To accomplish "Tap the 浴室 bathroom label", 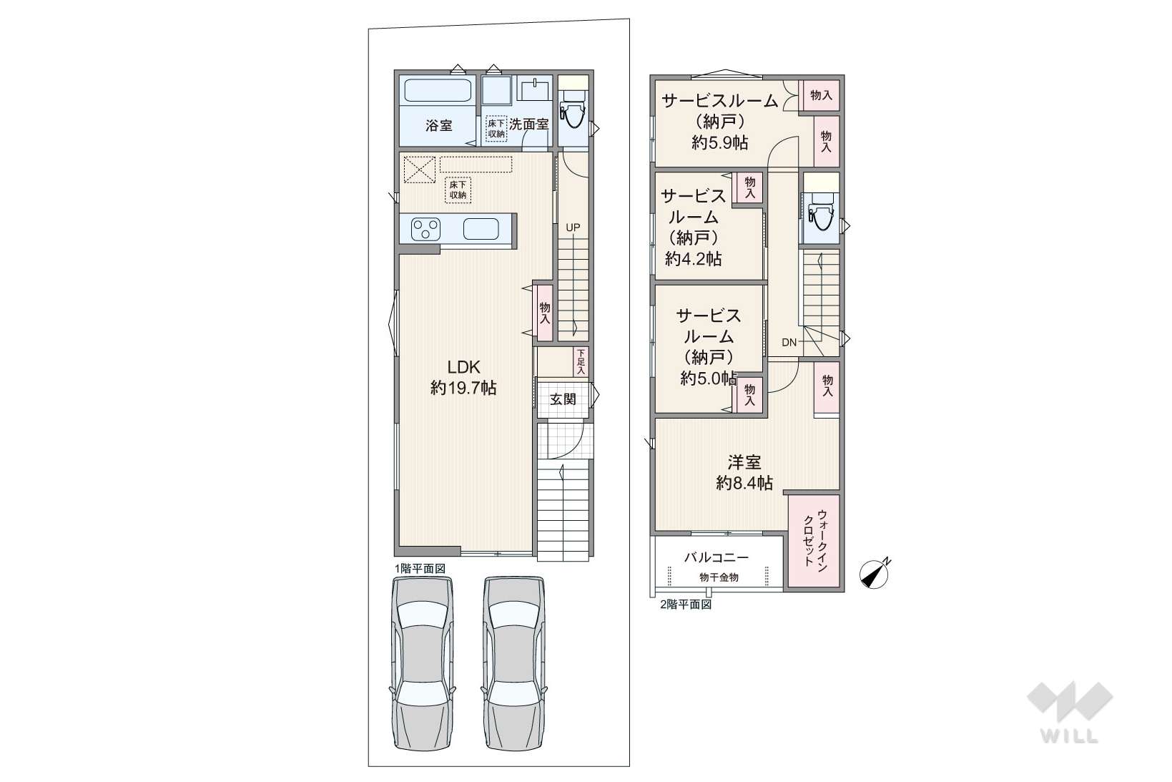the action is pos(438,126).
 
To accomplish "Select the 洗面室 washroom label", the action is pos(529,124).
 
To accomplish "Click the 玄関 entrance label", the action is pos(563,399).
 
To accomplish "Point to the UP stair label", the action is pos(573,228).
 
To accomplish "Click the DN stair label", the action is pos(789,343).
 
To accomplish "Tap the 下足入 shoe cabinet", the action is pos(581,362).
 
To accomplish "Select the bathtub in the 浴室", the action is pos(437,91).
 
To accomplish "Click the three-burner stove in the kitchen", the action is pos(425,229).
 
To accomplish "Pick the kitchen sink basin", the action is pos(481,229).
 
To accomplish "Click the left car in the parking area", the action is pos(422,663).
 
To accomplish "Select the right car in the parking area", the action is pos(514,663).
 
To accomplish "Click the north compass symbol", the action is pos(875,574).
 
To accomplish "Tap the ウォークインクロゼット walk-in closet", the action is pos(814,541).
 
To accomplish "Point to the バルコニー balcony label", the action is pos(717,557).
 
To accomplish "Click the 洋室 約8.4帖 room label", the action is pos(744,473).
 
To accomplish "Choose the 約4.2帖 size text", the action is pos(693,258).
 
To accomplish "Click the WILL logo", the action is pos(1070,712).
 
